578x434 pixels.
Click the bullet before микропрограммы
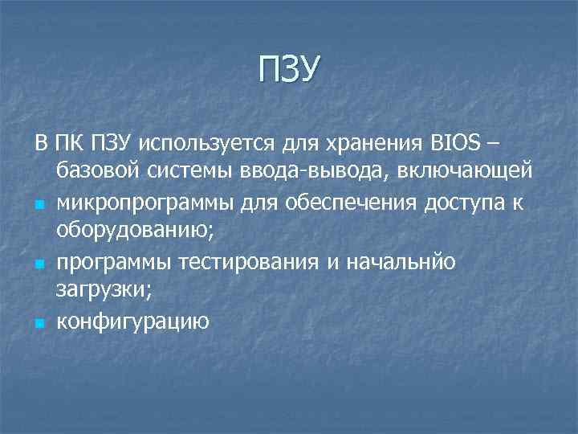[x=39, y=204]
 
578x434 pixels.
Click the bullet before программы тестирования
[x=39, y=263]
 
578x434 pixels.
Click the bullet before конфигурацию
[x=39, y=322]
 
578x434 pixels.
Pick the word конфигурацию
[x=133, y=321]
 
